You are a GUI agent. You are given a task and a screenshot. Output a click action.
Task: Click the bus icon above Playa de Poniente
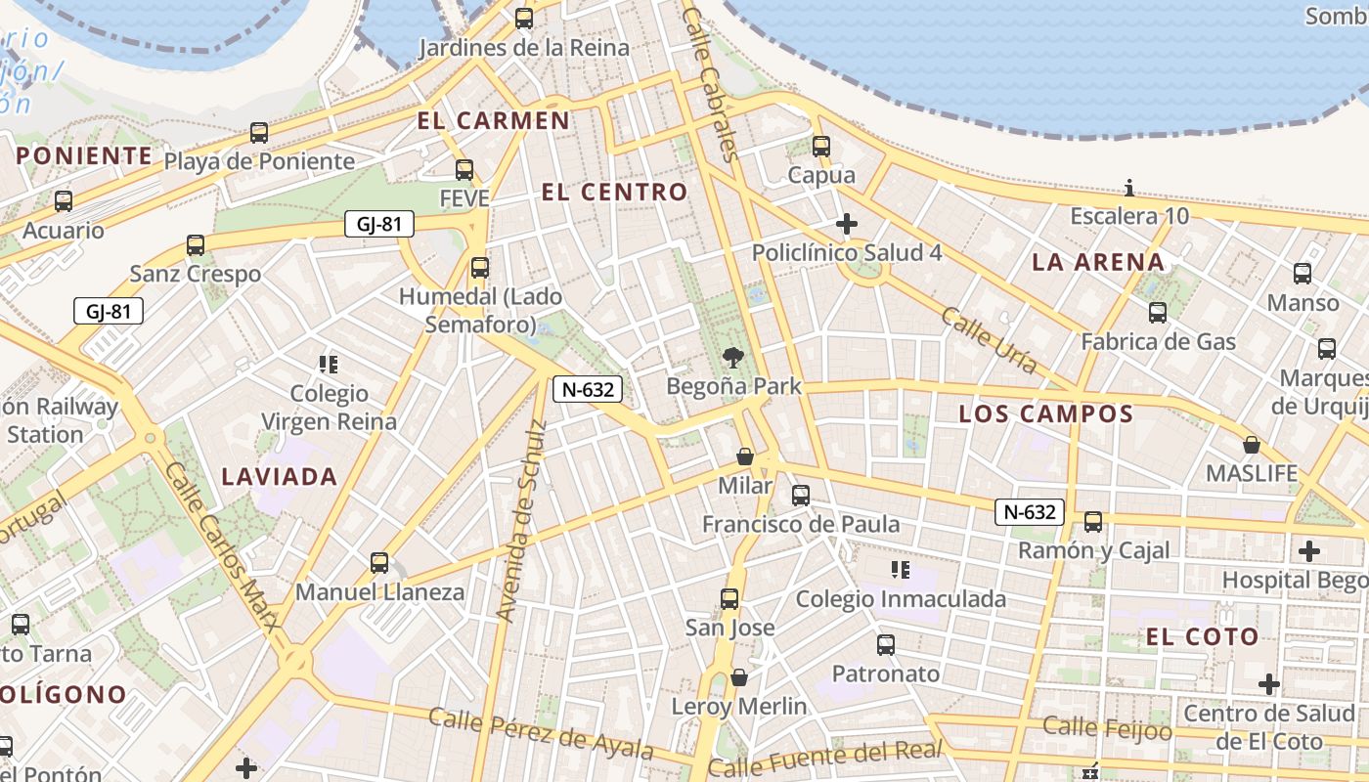pyautogui.click(x=259, y=133)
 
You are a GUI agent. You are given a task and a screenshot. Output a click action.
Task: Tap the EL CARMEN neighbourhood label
pyautogui.click(x=493, y=121)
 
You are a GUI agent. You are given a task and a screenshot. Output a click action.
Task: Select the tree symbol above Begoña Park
pyautogui.click(x=732, y=358)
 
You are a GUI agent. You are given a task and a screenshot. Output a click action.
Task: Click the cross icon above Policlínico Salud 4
pyautogui.click(x=847, y=225)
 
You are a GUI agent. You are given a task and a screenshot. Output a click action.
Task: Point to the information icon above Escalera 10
pyautogui.click(x=1129, y=188)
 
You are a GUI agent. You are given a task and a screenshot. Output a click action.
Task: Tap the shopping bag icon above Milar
pyautogui.click(x=745, y=456)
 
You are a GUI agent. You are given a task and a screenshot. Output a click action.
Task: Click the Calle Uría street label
pyautogui.click(x=989, y=340)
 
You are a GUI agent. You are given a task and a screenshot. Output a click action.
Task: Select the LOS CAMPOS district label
pyautogui.click(x=1045, y=413)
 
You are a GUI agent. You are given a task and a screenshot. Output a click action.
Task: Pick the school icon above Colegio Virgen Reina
pyautogui.click(x=329, y=366)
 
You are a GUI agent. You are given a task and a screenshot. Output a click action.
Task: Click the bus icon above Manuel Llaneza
pyautogui.click(x=379, y=563)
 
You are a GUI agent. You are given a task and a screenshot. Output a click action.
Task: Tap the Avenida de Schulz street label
pyautogui.click(x=519, y=520)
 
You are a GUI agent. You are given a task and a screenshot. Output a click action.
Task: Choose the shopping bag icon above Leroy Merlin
pyautogui.click(x=739, y=677)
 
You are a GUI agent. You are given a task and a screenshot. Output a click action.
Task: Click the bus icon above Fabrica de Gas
pyautogui.click(x=1158, y=313)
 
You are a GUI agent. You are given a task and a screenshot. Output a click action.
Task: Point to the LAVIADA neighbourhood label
pyautogui.click(x=279, y=477)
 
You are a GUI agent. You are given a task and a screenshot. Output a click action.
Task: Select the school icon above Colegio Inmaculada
pyautogui.click(x=901, y=570)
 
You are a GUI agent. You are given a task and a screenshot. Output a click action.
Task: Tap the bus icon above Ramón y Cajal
pyautogui.click(x=1093, y=522)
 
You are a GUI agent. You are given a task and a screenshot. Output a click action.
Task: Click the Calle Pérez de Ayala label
pyautogui.click(x=541, y=733)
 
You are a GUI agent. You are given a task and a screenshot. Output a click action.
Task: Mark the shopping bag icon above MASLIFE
pyautogui.click(x=1251, y=446)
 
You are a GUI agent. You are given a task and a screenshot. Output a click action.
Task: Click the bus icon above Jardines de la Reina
pyautogui.click(x=524, y=19)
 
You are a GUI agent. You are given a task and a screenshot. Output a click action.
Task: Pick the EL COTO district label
pyautogui.click(x=1202, y=637)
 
